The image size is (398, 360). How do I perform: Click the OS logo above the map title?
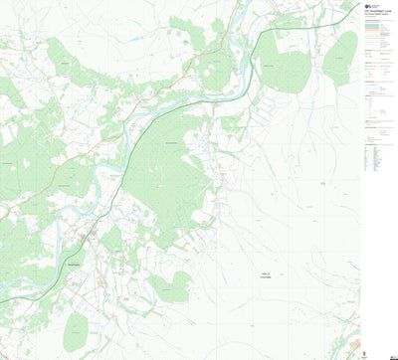pyautogui.click(x=368, y=5)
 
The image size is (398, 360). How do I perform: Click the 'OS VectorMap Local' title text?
pyautogui.click(x=376, y=12)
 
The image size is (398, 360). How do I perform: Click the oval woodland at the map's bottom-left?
pyautogui.click(x=76, y=331)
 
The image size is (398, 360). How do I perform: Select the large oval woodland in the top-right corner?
pyautogui.click(x=341, y=57)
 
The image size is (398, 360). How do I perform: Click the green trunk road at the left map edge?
pyautogui.click(x=3, y=299)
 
